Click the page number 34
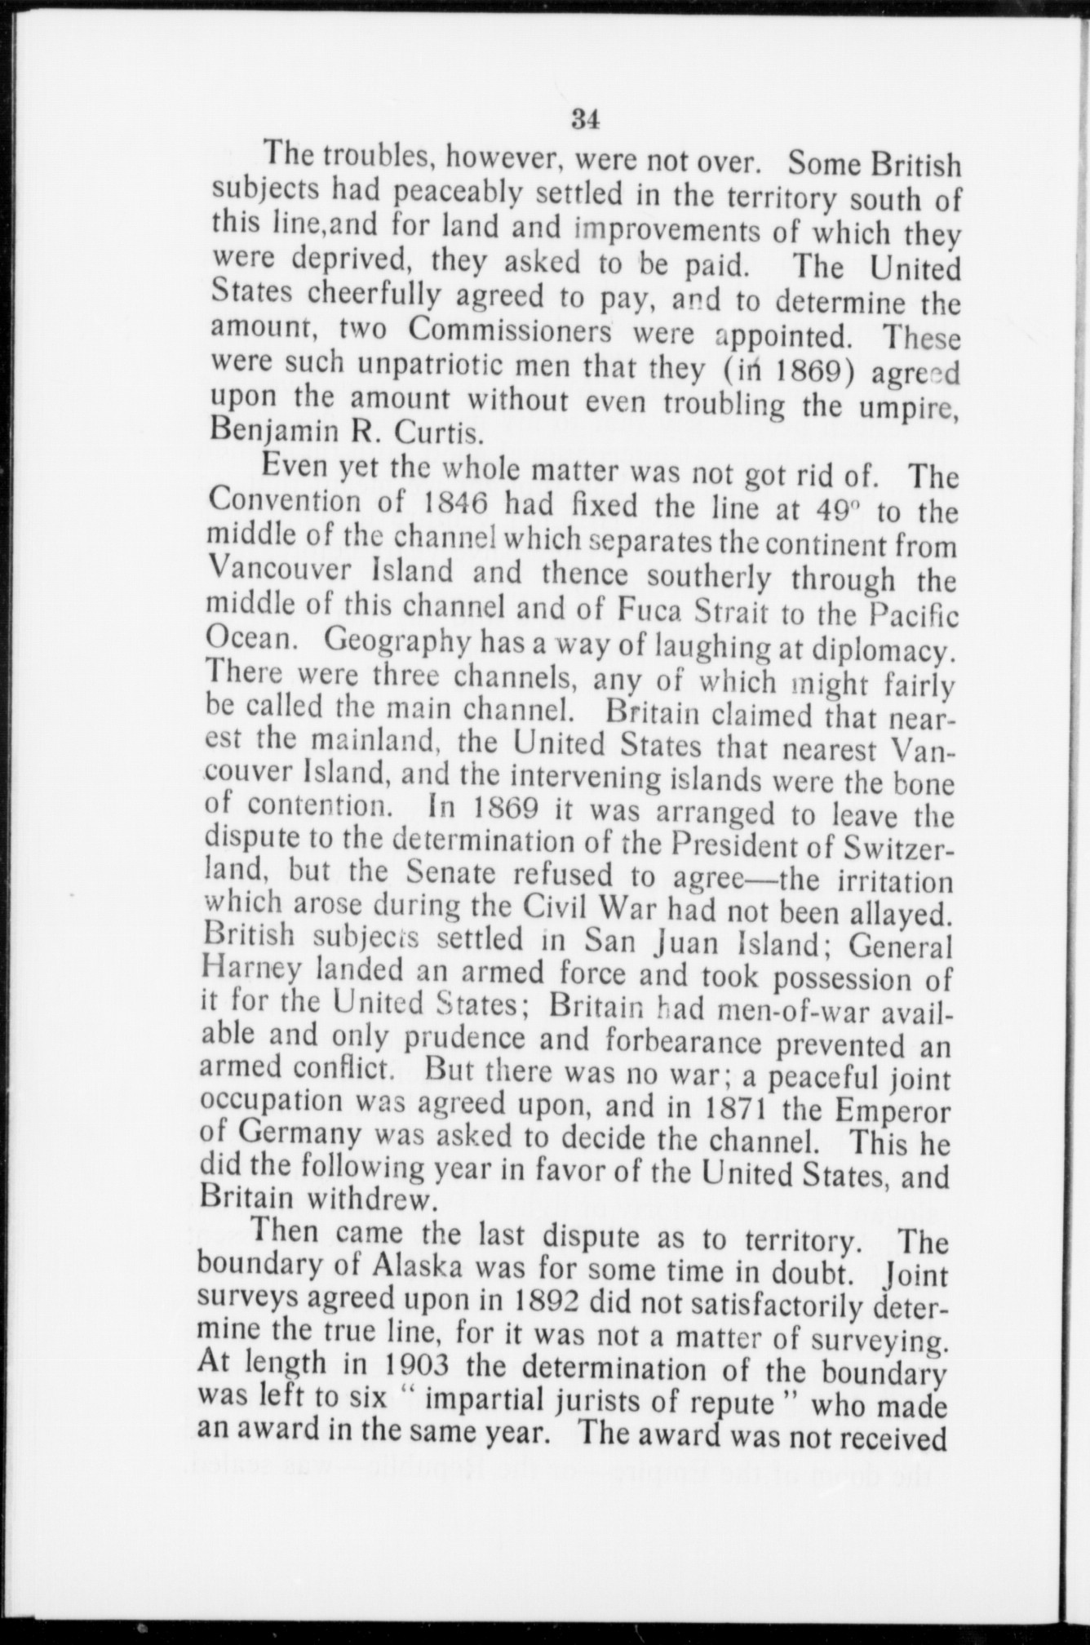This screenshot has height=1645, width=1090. pyautogui.click(x=586, y=120)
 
